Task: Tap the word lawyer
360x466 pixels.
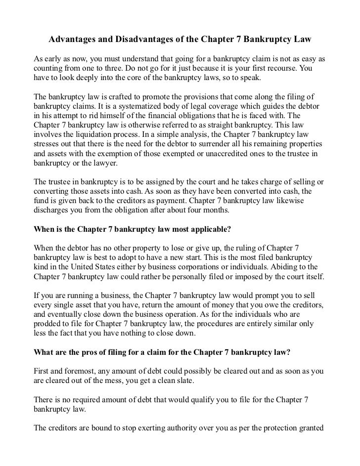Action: click(105, 165)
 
